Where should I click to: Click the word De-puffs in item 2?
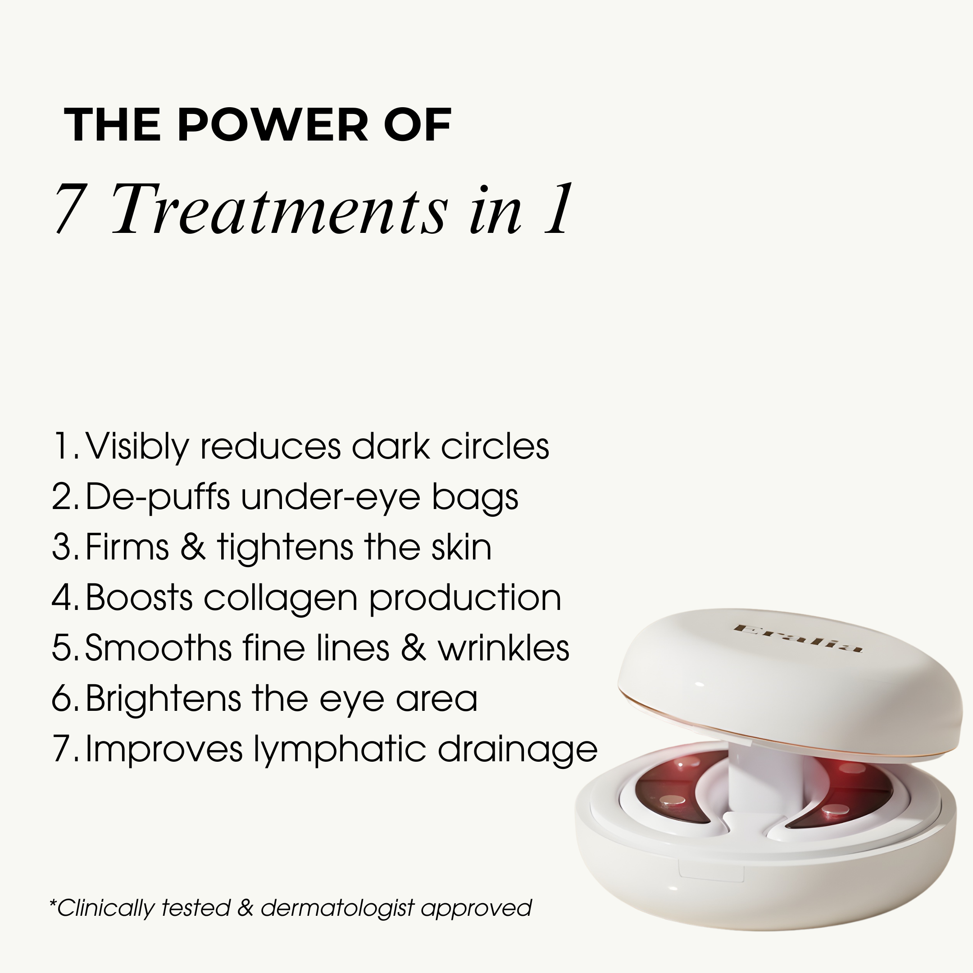pos(157,496)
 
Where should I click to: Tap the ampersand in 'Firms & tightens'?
pos(193,547)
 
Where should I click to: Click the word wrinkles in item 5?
pos(503,648)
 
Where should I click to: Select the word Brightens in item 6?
pos(163,699)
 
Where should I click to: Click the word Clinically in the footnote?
pos(107,908)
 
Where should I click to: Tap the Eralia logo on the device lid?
pos(798,639)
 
